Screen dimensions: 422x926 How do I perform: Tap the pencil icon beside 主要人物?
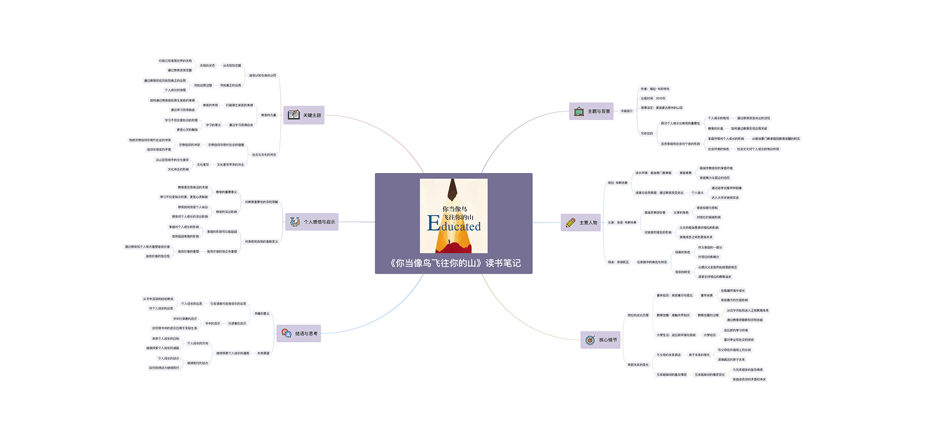pyautogui.click(x=570, y=223)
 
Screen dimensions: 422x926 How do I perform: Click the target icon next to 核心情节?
pyautogui.click(x=589, y=340)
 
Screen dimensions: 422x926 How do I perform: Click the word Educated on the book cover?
pyautogui.click(x=454, y=225)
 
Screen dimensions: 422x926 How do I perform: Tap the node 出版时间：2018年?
pyautogui.click(x=653, y=98)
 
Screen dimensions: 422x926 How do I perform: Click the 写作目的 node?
pyautogui.click(x=646, y=133)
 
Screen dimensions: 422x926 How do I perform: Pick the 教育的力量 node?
pyautogui.click(x=269, y=115)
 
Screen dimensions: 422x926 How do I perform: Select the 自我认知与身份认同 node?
pyautogui.click(x=262, y=75)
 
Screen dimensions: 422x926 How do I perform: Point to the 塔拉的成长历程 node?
pyautogui.click(x=639, y=315)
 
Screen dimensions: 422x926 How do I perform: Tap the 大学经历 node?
pyautogui.click(x=709, y=335)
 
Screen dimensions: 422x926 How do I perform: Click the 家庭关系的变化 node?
pyautogui.click(x=638, y=365)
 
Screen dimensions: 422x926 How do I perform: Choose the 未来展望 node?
pyautogui.click(x=263, y=353)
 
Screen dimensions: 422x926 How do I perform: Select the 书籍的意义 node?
pyautogui.click(x=262, y=313)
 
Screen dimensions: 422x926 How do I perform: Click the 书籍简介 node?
pyautogui.click(x=627, y=111)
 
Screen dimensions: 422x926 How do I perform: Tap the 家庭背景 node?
pyautogui.click(x=686, y=173)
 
